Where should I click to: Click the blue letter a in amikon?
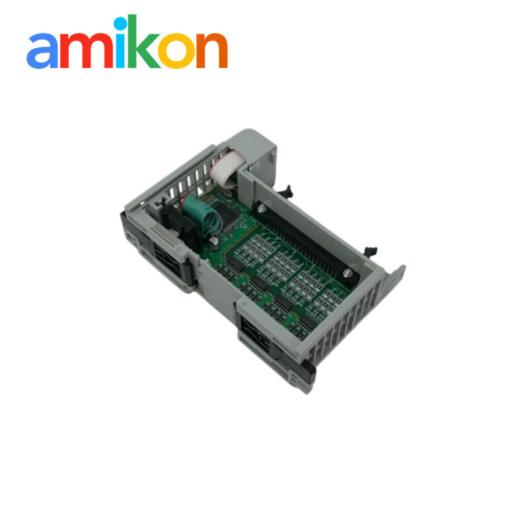pyautogui.click(x=42, y=51)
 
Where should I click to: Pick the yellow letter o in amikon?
pyautogui.click(x=177, y=51)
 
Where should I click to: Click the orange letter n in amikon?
pyautogui.click(x=212, y=50)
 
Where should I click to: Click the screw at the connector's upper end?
pyautogui.click(x=261, y=210)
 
